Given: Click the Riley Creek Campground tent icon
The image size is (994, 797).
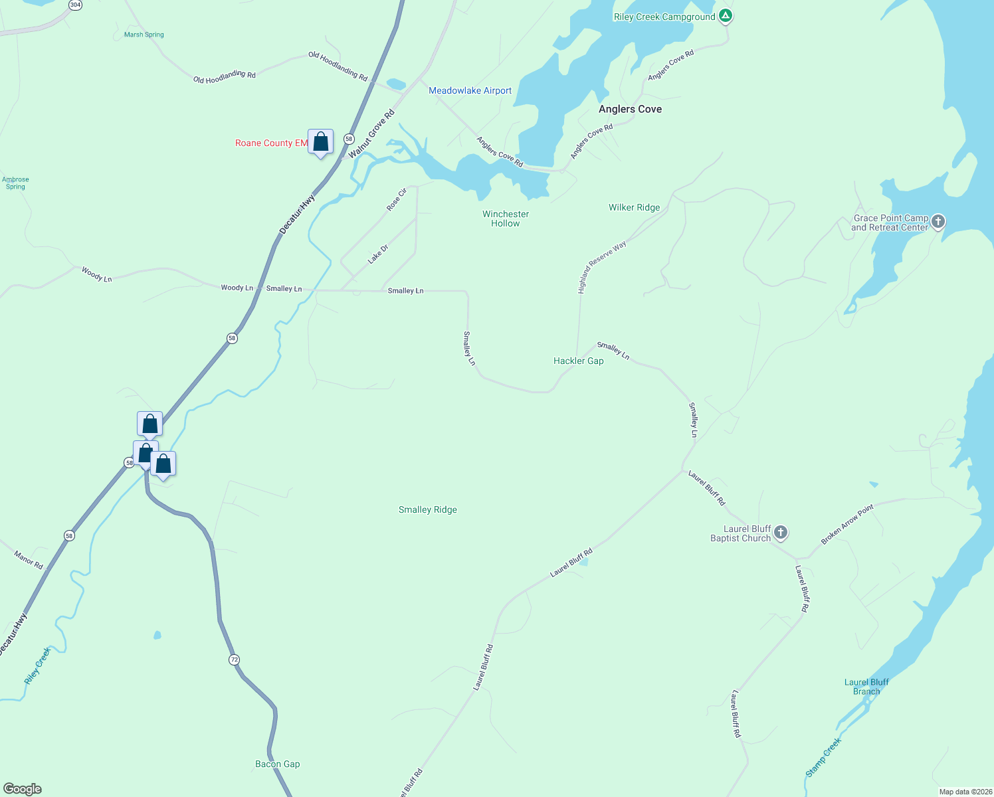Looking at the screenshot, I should [726, 16].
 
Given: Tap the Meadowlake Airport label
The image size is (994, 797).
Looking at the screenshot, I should [470, 91].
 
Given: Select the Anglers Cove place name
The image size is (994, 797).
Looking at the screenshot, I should [630, 109].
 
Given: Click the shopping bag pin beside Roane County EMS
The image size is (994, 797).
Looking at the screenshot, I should [320, 142].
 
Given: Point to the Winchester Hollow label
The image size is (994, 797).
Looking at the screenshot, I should [506, 219].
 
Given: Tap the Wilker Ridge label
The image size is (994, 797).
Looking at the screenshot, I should [634, 207].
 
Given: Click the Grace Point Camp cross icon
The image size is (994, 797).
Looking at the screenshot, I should [938, 221].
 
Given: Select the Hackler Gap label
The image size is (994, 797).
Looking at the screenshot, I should [578, 361].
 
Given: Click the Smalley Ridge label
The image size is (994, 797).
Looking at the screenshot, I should [427, 509].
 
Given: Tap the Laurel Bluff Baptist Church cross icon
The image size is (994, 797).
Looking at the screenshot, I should [781, 532].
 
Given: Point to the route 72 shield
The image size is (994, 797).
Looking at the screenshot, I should [234, 660].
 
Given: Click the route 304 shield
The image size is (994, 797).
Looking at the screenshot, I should [75, 5].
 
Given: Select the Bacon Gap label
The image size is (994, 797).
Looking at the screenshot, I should [277, 764].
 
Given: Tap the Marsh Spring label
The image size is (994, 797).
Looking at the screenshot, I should [144, 35].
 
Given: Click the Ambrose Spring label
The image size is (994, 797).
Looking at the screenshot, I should [15, 183].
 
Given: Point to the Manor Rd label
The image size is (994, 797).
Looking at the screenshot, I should [29, 560].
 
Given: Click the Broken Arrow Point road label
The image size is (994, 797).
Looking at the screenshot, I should [847, 525].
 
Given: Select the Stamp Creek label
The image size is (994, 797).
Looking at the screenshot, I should [823, 757].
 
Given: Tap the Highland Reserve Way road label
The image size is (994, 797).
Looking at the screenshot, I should [601, 267].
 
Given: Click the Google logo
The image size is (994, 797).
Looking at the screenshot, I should [23, 788].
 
